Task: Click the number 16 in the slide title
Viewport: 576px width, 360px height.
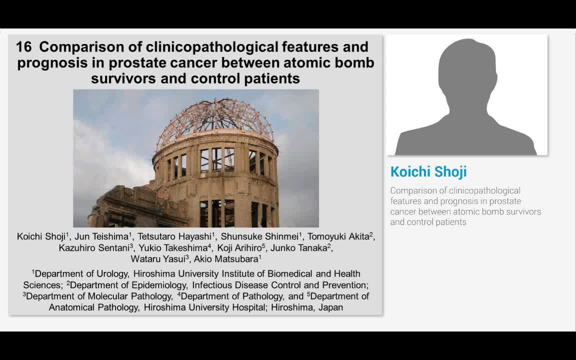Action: (x=24, y=47)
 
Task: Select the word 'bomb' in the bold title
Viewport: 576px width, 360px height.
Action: (x=355, y=63)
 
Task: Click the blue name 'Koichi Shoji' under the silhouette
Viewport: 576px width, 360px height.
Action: (x=428, y=171)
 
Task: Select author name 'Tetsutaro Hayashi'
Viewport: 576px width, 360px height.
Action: (x=174, y=236)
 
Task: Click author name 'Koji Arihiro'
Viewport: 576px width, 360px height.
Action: (x=239, y=248)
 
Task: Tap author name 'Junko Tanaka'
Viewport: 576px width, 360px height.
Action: (x=298, y=248)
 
